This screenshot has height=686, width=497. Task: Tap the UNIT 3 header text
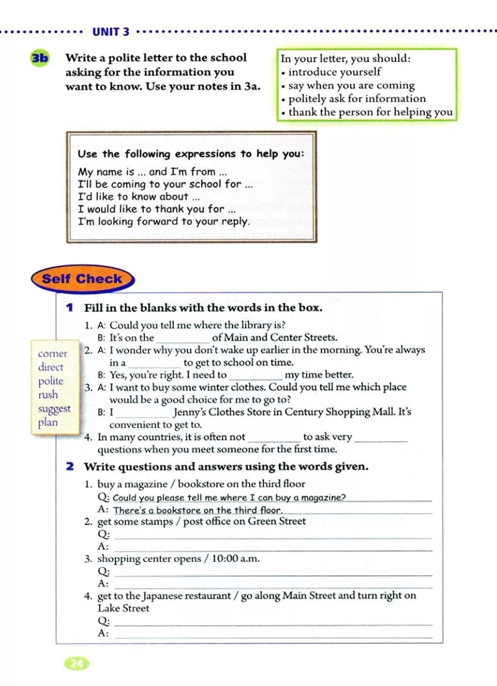pos(111,32)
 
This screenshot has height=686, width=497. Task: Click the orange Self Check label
pos(82,279)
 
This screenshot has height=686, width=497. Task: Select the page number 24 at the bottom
pos(77,663)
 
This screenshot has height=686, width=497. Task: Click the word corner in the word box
pos(52,353)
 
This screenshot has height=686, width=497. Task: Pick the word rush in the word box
pos(48,395)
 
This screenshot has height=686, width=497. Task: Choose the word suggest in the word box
pos(54,409)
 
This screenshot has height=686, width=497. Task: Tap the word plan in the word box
pos(48,422)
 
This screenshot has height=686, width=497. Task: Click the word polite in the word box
pos(50,381)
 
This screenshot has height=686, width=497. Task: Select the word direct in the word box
pos(50,367)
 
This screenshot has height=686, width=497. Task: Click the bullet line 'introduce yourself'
pos(334,72)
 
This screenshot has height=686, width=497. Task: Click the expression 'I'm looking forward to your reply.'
pos(164,222)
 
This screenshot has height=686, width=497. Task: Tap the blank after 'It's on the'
pos(182,338)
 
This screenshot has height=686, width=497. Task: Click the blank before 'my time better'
pos(255,376)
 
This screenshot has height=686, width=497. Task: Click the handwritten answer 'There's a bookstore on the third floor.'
pos(198,510)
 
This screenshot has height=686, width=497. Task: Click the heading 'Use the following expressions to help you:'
pos(191,154)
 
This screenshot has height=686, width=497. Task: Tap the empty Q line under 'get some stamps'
pos(272,535)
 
